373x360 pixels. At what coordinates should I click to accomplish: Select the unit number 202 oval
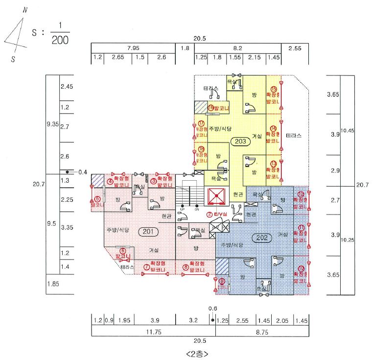(x=261, y=238)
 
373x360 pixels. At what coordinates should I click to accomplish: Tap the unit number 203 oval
(x=240, y=141)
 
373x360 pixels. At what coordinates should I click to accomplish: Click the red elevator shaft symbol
(x=216, y=196)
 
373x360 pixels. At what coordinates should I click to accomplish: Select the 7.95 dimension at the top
(x=133, y=48)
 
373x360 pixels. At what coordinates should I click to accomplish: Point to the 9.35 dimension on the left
(x=52, y=124)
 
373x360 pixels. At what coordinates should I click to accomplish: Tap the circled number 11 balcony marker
(x=301, y=228)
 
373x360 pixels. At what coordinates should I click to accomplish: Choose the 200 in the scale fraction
(x=60, y=40)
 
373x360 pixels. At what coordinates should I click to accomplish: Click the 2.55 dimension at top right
(x=295, y=48)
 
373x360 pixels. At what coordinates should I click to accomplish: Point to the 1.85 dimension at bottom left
(x=52, y=284)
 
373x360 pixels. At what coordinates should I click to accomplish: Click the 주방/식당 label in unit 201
(x=117, y=230)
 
